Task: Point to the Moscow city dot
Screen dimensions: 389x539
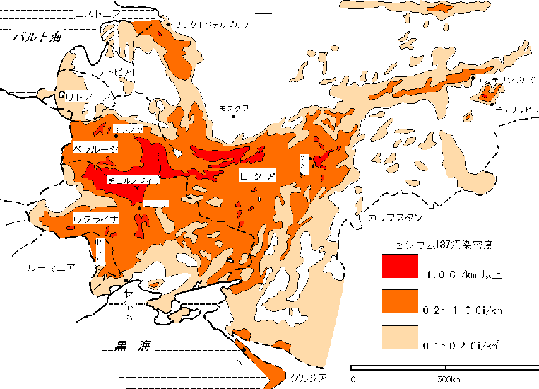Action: pyautogui.click(x=234, y=116)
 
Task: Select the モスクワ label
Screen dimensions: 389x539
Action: pyautogui.click(x=234, y=108)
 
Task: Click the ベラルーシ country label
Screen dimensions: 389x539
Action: pyautogui.click(x=95, y=147)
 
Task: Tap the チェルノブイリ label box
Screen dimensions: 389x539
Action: pyautogui.click(x=134, y=181)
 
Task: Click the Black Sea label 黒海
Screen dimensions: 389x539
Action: pyautogui.click(x=134, y=346)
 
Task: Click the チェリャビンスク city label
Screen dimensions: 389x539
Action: pyautogui.click(x=519, y=110)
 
